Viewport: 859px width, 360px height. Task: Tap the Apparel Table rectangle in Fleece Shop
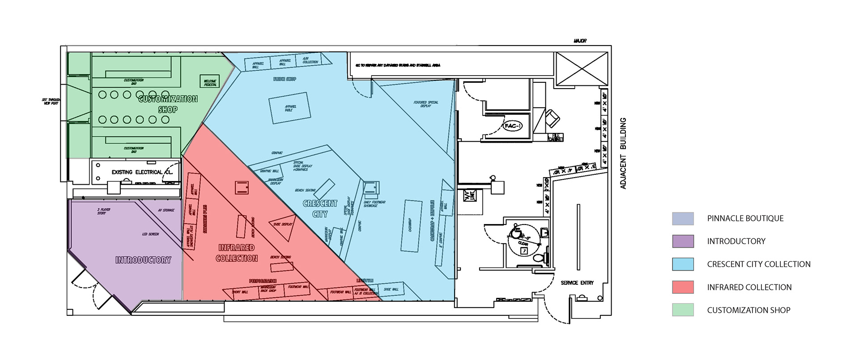289,108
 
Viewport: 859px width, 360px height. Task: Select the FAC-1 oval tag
513,126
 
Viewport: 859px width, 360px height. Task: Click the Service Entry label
577,283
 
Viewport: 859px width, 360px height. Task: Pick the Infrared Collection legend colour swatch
683,287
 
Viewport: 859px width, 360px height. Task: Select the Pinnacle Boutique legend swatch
683,219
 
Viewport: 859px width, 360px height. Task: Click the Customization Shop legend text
748,310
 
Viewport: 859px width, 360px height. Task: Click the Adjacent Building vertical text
623,153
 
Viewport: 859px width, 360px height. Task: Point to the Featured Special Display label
426,104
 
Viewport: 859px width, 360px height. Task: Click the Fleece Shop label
285,79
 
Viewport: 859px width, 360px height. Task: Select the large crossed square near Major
581,68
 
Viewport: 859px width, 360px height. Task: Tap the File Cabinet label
556,137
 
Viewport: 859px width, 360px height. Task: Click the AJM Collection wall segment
310,60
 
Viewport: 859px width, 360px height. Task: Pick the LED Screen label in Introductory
150,234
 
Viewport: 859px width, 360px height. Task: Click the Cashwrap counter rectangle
411,225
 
